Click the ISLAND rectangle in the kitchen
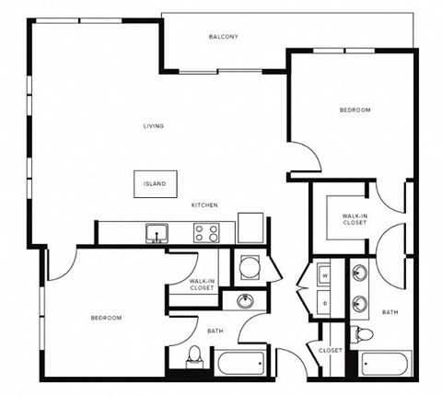coord(154,183)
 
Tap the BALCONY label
coord(224,37)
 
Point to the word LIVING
coord(153,126)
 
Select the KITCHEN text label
coord(204,205)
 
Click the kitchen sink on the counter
coord(157,232)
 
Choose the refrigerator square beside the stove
coord(250,227)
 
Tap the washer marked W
coord(325,275)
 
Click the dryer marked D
coord(325,301)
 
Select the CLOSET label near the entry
coord(331,351)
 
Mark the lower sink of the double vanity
coord(358,302)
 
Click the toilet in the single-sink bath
coord(194,355)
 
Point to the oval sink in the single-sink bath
coord(246,301)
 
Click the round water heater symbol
coord(249,268)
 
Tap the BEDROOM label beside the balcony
coord(355,111)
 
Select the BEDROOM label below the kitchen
coord(106,318)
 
